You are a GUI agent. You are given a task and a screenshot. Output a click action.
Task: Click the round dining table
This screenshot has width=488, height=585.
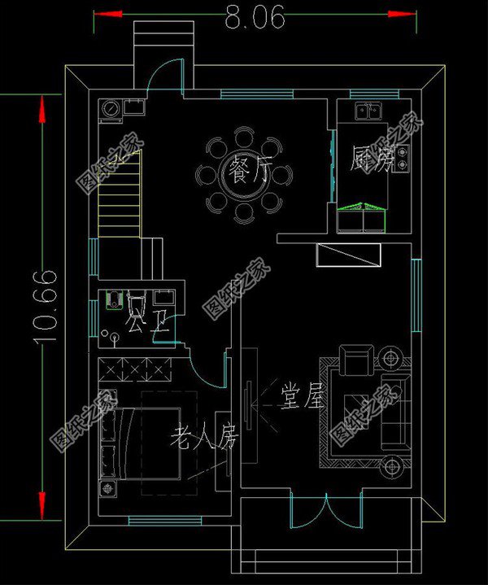pyautogui.click(x=244, y=173)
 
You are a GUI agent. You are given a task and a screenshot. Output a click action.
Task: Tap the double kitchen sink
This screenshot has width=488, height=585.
pyautogui.click(x=368, y=110)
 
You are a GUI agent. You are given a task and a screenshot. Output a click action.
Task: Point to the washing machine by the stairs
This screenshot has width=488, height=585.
pyautogui.click(x=110, y=108)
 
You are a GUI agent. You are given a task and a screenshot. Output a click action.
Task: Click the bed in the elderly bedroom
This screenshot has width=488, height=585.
pyautogui.click(x=142, y=443)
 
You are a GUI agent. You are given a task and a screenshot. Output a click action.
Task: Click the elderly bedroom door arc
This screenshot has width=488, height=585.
pyautogui.click(x=211, y=373)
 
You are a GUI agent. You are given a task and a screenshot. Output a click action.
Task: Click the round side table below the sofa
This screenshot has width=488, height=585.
pyautogui.click(x=392, y=466)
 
